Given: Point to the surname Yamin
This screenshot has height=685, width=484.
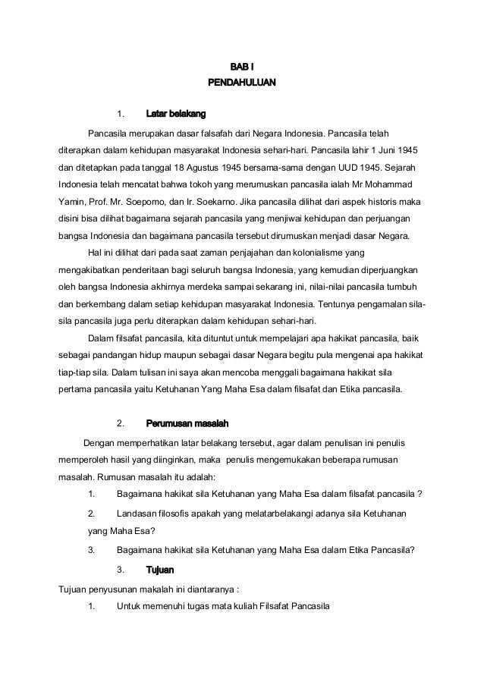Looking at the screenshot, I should pos(72,203).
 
